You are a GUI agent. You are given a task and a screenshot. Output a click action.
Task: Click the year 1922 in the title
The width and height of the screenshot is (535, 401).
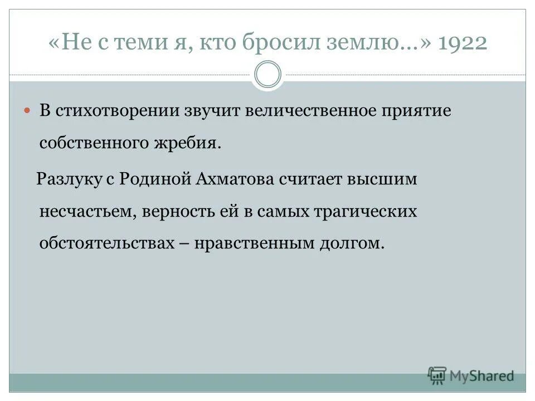point(463,43)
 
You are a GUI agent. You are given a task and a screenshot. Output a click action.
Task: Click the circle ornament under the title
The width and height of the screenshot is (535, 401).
point(267,75)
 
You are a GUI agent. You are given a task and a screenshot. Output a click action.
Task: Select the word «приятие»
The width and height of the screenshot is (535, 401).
point(416,110)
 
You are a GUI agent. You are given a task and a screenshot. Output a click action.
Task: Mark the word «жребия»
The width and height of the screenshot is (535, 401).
point(192,143)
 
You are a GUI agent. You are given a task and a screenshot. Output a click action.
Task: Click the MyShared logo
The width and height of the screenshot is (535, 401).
point(471,375)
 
